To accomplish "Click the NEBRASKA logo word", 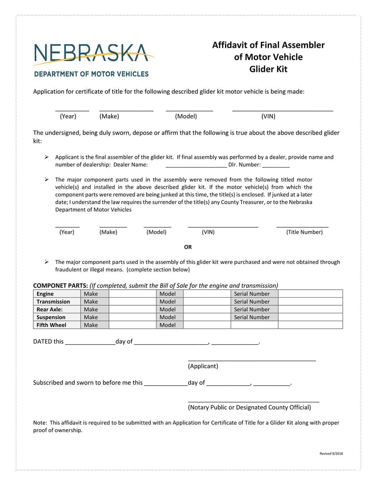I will [x=92, y=53].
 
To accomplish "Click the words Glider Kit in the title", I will [x=268, y=69].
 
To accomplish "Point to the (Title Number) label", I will [x=304, y=232].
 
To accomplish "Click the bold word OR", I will [x=188, y=247].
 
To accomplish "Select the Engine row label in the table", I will [x=45, y=294].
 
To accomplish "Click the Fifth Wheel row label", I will [x=51, y=325].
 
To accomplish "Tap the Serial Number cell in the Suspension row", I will [x=252, y=317].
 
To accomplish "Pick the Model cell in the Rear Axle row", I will [x=167, y=309].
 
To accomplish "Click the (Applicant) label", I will [x=203, y=366].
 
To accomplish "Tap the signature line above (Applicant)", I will [x=251, y=360].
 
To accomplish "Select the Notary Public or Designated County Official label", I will [x=249, y=408].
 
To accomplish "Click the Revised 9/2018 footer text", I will [x=331, y=454].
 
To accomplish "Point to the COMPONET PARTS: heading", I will [x=60, y=285].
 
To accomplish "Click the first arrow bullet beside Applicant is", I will [x=47, y=157].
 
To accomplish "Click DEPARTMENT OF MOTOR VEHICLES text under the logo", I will [x=91, y=74].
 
